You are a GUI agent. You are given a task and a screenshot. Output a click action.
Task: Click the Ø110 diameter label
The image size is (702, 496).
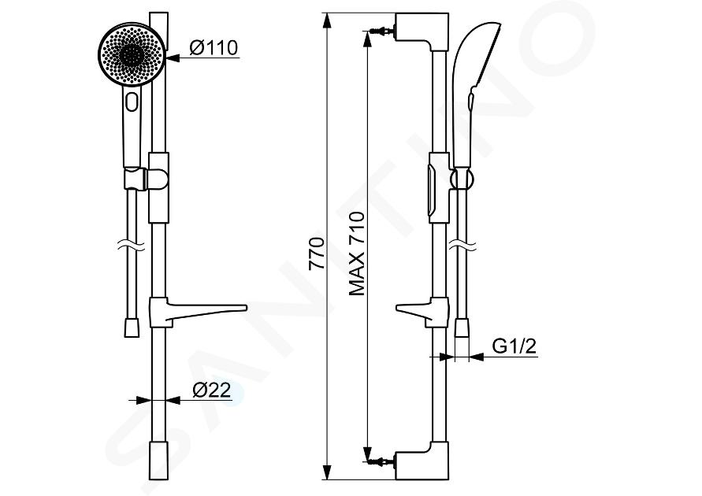pos(213,47)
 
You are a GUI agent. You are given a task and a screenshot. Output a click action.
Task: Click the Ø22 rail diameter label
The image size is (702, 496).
pos(212,390)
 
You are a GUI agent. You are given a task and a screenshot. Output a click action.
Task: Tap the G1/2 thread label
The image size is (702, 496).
pos(514,346)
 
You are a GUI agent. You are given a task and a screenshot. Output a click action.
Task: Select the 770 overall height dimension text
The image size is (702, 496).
pos(317,254)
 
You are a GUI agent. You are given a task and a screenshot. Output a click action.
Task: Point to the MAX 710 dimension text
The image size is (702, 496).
pos(357,254)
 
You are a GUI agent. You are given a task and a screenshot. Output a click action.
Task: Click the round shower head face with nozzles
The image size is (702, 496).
pos(132,55)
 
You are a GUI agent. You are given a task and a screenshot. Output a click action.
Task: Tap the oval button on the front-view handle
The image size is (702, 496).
pos(132,101)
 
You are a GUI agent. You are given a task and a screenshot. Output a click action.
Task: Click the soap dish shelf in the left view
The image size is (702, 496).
pos(198,312)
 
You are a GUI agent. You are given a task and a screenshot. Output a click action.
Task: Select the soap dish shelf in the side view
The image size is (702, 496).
pos(422,312)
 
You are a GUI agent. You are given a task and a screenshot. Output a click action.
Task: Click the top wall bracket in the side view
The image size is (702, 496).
pos(422,31)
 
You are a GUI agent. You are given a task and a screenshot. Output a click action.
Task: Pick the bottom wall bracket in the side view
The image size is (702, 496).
pos(422,461)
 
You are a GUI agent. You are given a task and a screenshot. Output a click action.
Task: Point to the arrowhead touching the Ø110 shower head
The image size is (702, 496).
pos(173,58)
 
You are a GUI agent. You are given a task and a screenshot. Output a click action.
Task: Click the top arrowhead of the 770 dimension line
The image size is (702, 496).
pos(328,20)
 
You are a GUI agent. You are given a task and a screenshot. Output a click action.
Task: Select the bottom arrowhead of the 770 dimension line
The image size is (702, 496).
pos(328,472)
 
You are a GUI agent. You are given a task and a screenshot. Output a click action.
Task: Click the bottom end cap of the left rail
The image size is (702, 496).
pos(158,461)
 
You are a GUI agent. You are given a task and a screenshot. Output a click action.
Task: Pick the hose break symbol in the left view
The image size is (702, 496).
pos(131,246)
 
